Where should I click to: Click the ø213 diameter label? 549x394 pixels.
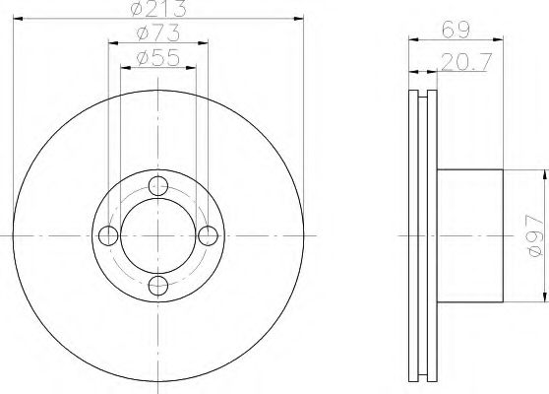click(x=158, y=9)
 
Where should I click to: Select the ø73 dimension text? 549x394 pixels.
click(x=158, y=33)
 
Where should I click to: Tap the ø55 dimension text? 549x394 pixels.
click(x=158, y=58)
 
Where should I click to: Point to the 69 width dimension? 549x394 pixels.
click(x=456, y=31)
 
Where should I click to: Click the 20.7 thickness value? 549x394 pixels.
click(x=466, y=62)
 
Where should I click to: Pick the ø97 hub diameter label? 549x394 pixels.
click(x=535, y=236)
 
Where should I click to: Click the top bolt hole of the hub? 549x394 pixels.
click(x=158, y=186)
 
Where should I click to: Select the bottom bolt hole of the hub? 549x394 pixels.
click(x=158, y=286)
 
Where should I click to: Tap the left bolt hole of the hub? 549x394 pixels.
click(x=108, y=235)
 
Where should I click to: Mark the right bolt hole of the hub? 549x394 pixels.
click(x=208, y=235)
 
